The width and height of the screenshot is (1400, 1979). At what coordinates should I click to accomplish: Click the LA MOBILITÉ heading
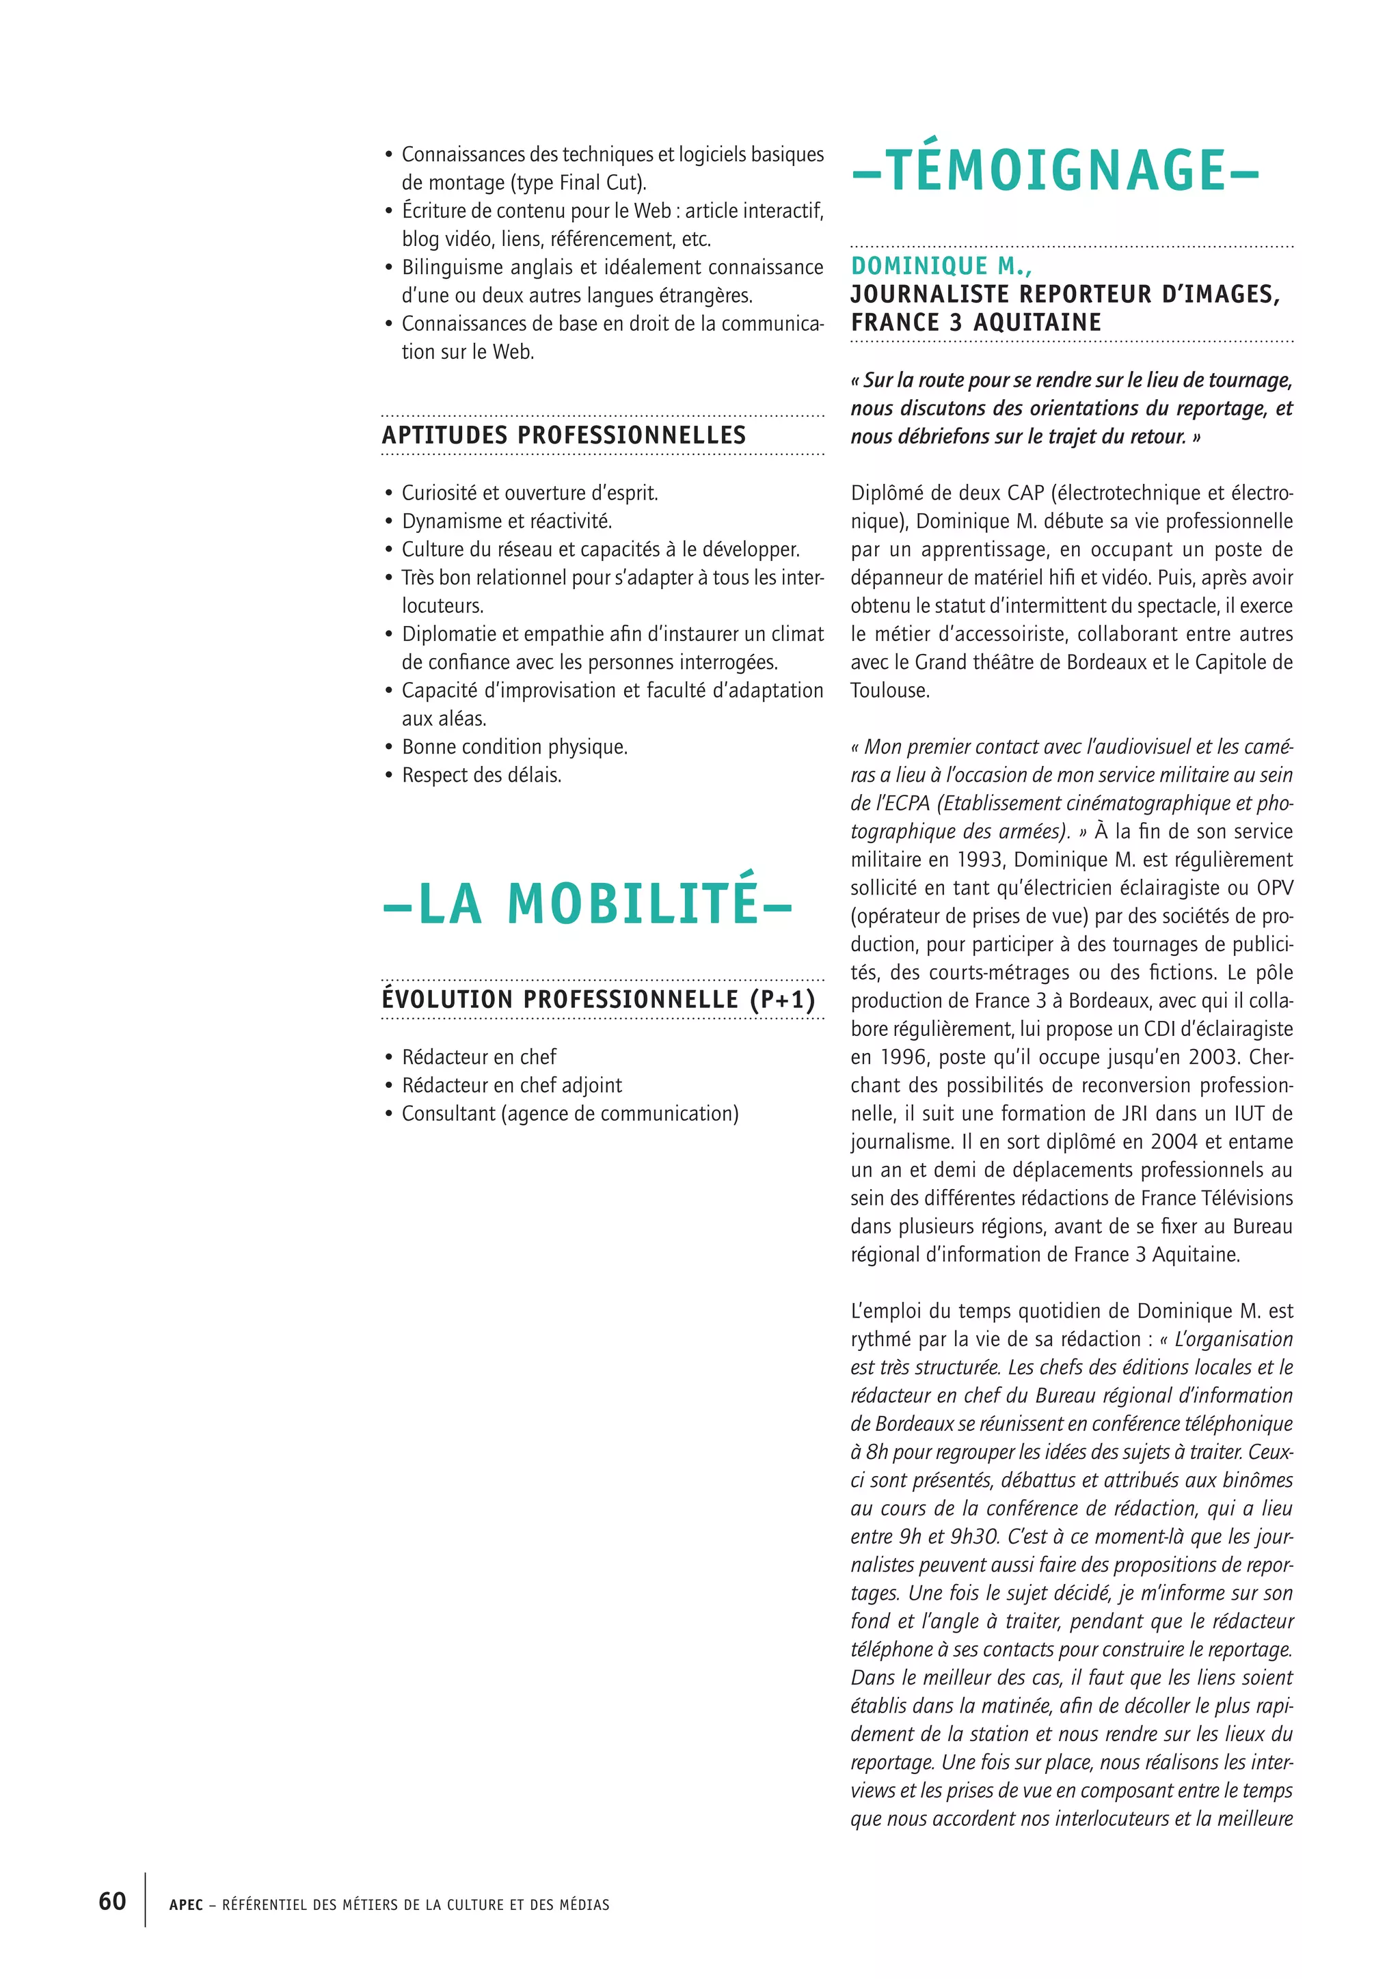tap(587, 903)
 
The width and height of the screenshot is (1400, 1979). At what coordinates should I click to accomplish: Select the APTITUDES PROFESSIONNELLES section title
tap(564, 435)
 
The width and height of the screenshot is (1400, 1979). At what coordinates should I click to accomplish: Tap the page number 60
tap(112, 1900)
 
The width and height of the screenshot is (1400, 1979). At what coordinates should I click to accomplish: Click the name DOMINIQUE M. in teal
tap(941, 267)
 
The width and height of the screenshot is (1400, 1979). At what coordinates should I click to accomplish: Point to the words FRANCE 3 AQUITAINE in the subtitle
tap(976, 323)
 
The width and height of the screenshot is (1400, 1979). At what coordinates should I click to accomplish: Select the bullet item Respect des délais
tap(481, 776)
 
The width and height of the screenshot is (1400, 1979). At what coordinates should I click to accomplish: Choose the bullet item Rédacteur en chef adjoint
tap(511, 1085)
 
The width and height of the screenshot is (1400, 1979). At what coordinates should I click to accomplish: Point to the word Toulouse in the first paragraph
tap(889, 690)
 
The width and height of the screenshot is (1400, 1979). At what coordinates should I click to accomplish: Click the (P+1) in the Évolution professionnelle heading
tap(782, 1000)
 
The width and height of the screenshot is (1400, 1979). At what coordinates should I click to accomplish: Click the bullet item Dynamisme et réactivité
tap(507, 521)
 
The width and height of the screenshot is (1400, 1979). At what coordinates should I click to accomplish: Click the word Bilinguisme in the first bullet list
tap(453, 267)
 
